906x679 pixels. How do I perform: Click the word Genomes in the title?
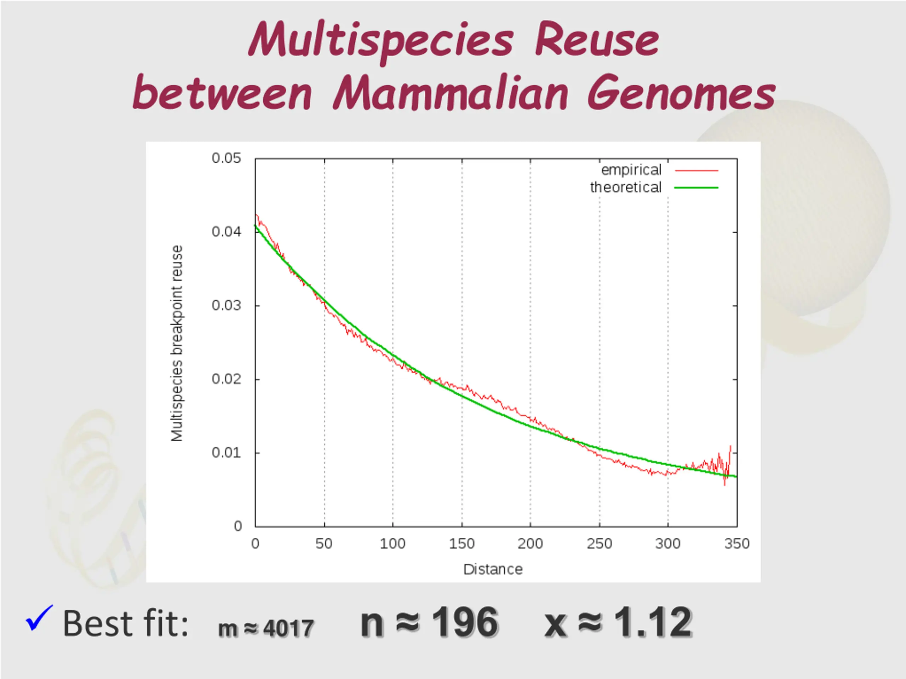681,93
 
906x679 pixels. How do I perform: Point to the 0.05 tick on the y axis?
226,159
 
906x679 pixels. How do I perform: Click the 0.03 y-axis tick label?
226,305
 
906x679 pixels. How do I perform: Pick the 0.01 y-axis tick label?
226,453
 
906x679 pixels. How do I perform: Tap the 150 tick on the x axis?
461,544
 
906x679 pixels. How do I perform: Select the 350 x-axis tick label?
737,544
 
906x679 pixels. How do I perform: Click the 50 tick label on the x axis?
324,544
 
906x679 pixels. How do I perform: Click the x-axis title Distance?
493,569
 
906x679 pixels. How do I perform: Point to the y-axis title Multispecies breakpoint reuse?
177,343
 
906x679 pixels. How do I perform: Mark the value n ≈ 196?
429,622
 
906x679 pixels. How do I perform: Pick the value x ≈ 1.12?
618,622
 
